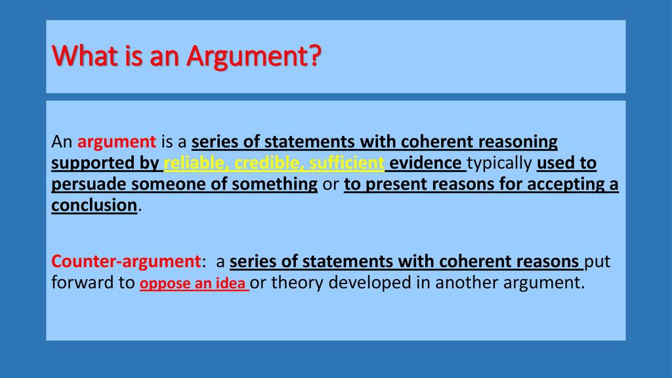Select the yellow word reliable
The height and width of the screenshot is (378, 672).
pyautogui.click(x=194, y=163)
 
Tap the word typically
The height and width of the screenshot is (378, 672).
pyautogui.click(x=499, y=163)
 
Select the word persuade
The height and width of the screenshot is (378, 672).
pyautogui.click(x=87, y=184)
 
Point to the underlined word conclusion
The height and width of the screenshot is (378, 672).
pyautogui.click(x=93, y=205)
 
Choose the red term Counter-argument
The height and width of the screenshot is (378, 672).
pyautogui.click(x=124, y=262)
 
